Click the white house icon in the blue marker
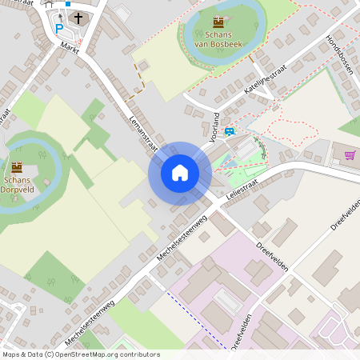click(179, 173)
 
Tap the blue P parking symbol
click(58, 28)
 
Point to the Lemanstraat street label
click(141, 130)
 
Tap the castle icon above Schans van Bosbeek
click(218, 22)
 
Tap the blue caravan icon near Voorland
click(230, 132)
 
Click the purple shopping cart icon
click(349, 155)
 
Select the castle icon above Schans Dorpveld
click(16, 166)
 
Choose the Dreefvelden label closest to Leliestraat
click(273, 257)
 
